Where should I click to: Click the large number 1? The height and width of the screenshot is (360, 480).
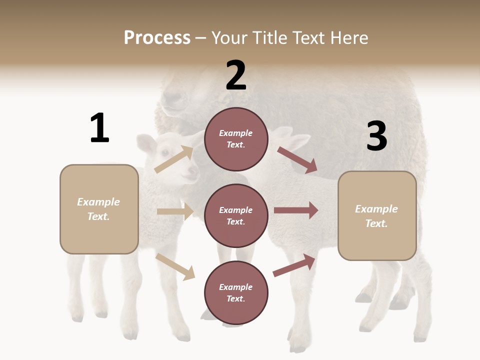pyautogui.click(x=99, y=128)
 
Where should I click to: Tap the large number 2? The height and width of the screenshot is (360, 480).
pyautogui.click(x=236, y=75)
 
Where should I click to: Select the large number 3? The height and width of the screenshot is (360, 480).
pyautogui.click(x=376, y=136)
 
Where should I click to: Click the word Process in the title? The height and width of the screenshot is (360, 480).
pyautogui.click(x=157, y=37)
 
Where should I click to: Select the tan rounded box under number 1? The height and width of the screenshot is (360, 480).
pyautogui.click(x=99, y=209)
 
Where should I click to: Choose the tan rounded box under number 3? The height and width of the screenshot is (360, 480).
pyautogui.click(x=377, y=216)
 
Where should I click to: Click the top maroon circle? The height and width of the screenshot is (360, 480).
pyautogui.click(x=236, y=139)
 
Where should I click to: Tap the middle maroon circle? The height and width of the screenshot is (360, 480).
pyautogui.click(x=236, y=216)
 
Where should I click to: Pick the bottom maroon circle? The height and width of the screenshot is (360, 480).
pyautogui.click(x=236, y=293)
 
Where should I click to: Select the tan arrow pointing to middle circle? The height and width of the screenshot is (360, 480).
pyautogui.click(x=175, y=211)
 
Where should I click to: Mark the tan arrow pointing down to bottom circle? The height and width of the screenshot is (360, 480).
pyautogui.click(x=175, y=266)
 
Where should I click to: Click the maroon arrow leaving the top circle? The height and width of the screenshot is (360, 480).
pyautogui.click(x=297, y=160)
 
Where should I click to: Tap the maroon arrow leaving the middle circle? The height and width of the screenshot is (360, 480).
pyautogui.click(x=296, y=210)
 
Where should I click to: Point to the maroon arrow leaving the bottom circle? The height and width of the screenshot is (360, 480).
pyautogui.click(x=294, y=265)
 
